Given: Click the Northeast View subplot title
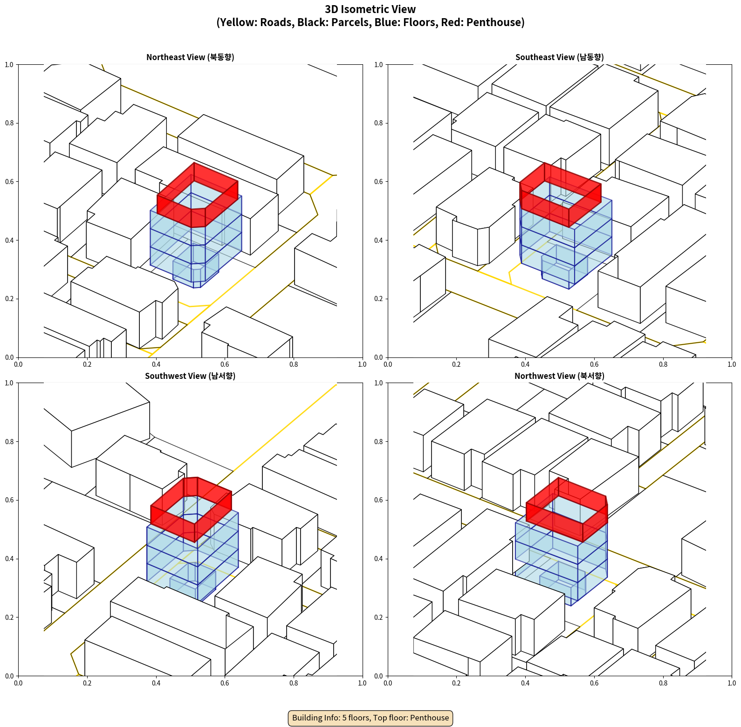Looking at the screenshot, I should [190, 57].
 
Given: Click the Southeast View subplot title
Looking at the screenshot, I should [559, 57].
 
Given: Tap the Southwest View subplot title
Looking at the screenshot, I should [190, 376].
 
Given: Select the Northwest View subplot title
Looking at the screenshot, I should [559, 376].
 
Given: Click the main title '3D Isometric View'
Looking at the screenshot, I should [370, 9].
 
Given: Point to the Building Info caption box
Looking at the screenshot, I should [370, 718].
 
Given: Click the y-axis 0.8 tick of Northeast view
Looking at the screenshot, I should [9, 123].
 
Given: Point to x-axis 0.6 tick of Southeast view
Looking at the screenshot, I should [594, 364].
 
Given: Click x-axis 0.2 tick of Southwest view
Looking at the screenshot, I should [87, 683].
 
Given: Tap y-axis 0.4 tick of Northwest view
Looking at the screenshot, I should [378, 559].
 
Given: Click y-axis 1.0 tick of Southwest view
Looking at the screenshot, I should [9, 383].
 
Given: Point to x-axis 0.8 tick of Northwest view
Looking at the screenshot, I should [663, 683].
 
